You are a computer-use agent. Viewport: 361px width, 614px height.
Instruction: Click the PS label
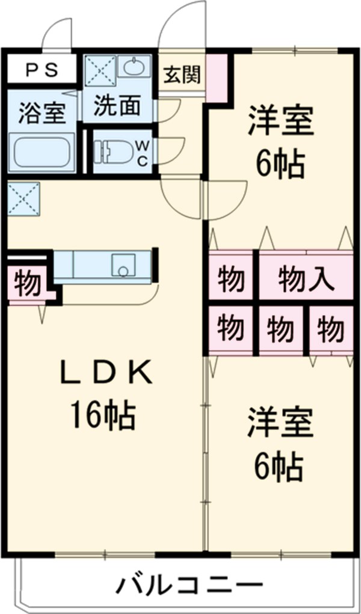click(42, 70)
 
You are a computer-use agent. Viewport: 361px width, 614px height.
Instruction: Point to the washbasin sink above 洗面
click(134, 66)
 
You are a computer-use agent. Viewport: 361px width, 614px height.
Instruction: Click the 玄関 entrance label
click(182, 75)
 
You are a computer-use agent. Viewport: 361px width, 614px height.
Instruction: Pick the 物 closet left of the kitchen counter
click(27, 283)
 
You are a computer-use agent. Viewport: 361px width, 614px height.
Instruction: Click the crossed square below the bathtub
click(23, 198)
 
